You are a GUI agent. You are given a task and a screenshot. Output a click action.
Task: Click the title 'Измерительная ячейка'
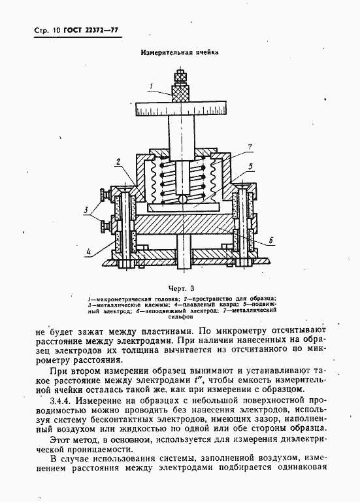coord(180,52)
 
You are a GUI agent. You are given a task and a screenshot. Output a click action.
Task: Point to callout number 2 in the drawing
coord(118,160)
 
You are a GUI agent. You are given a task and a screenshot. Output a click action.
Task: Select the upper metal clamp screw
coord(103,195)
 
